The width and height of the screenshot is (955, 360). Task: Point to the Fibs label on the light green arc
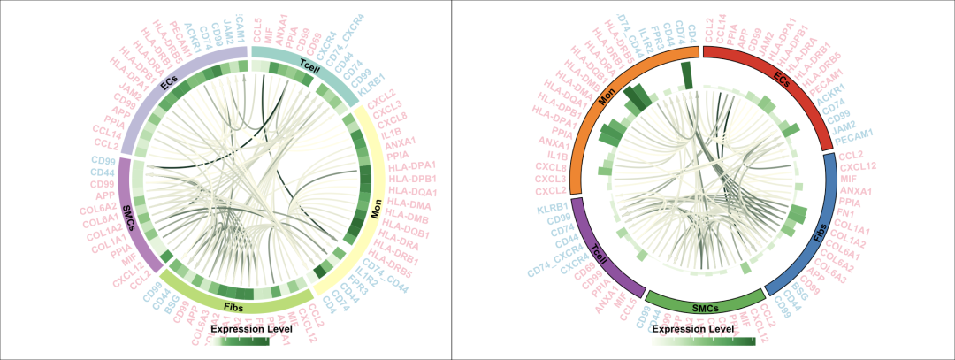coord(234,306)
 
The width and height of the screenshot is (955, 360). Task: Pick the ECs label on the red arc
coord(782,78)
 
